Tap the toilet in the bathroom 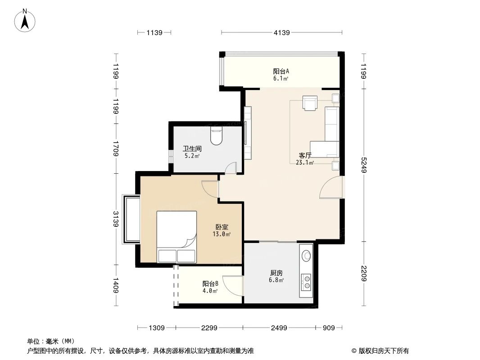(217, 136)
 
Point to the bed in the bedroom (177, 237)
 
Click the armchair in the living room (310, 103)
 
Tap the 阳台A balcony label (281, 71)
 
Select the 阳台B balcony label (210, 283)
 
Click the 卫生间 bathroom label (192, 148)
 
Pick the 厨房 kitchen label (276, 273)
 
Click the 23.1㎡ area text (305, 163)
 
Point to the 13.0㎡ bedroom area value (222, 234)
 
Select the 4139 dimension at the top (281, 32)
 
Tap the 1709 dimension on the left (116, 148)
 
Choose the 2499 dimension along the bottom (279, 328)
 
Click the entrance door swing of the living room (330, 188)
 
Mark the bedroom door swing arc (210, 189)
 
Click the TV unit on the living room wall (247, 132)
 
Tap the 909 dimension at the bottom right (329, 328)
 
